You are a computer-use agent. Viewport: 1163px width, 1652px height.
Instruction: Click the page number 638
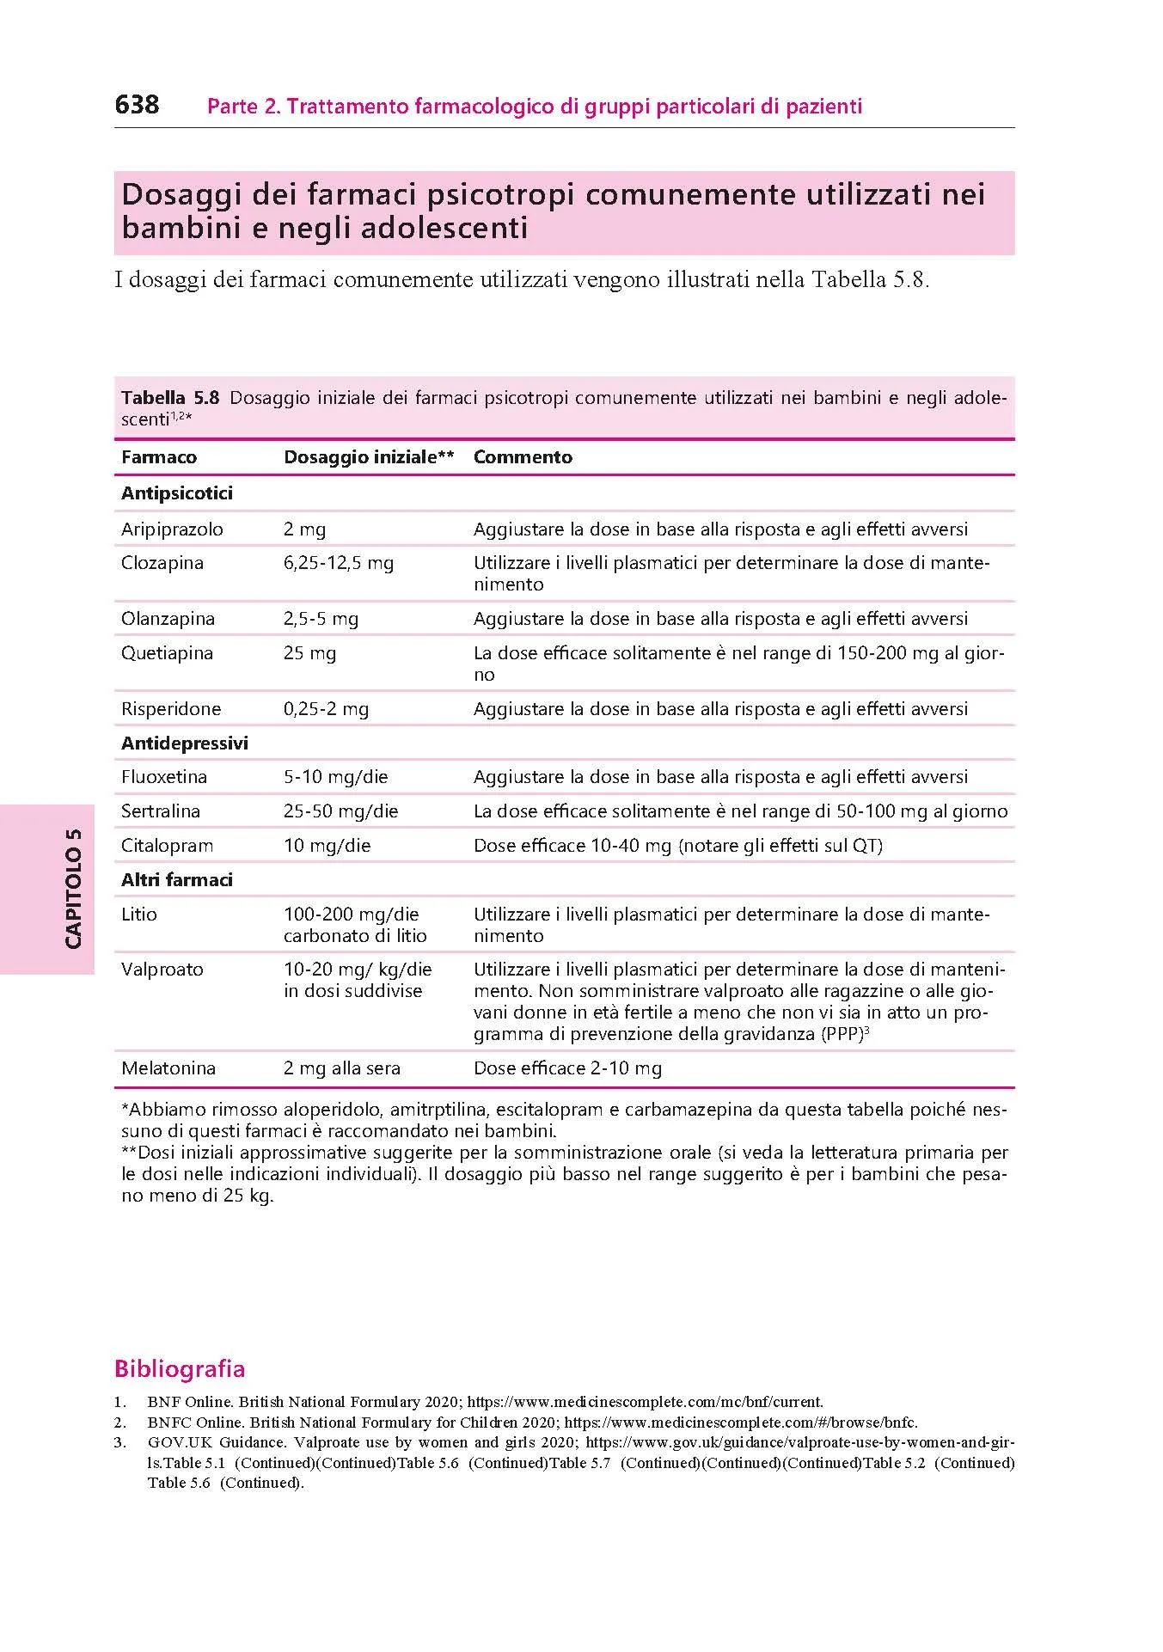pyautogui.click(x=137, y=105)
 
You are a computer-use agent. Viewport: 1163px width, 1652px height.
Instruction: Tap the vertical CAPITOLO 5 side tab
pyautogui.click(x=73, y=888)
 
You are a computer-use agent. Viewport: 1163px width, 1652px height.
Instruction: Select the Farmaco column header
pyautogui.click(x=159, y=457)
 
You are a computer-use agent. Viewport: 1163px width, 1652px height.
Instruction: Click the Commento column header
pyautogui.click(x=523, y=457)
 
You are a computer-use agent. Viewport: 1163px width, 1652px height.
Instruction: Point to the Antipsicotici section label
pyautogui.click(x=177, y=493)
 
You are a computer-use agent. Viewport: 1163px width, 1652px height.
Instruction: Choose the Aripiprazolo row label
pyautogui.click(x=172, y=529)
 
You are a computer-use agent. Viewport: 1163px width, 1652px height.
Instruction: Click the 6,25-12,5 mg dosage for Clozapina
pyautogui.click(x=339, y=563)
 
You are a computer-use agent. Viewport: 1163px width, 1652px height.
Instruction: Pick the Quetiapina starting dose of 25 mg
pyautogui.click(x=309, y=653)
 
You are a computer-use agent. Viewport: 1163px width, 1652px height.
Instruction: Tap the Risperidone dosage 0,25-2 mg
pyautogui.click(x=326, y=709)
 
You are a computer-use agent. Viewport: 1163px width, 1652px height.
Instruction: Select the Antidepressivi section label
pyautogui.click(x=185, y=743)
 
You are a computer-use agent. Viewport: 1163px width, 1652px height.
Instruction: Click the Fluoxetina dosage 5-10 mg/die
pyautogui.click(x=335, y=777)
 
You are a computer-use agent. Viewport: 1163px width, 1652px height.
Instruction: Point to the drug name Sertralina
pyautogui.click(x=161, y=811)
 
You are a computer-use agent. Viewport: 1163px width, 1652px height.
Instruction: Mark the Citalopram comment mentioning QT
pyautogui.click(x=677, y=846)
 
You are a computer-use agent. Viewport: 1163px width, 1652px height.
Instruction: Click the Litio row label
pyautogui.click(x=139, y=915)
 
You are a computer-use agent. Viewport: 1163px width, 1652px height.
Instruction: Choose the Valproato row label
pyautogui.click(x=162, y=970)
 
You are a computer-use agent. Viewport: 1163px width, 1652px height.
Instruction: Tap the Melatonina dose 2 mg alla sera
pyautogui.click(x=342, y=1068)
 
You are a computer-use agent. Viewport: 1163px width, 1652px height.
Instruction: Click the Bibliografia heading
pyautogui.click(x=180, y=1369)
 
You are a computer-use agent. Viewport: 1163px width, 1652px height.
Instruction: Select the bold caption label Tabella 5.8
pyautogui.click(x=170, y=398)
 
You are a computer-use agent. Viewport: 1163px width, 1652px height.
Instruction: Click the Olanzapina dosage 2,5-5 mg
pyautogui.click(x=321, y=619)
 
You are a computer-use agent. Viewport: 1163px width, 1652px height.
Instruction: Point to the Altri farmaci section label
pyautogui.click(x=177, y=880)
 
